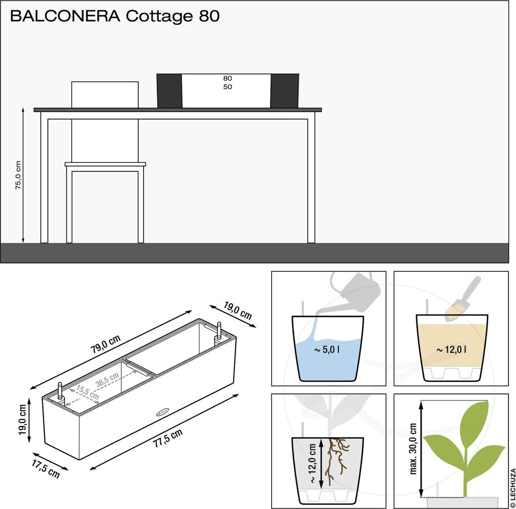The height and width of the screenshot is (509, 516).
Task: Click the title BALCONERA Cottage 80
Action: [114, 16]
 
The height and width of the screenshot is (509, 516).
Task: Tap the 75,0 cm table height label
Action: [18, 175]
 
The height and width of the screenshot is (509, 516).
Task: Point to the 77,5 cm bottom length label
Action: [168, 437]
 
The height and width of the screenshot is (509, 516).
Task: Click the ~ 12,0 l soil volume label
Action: [451, 349]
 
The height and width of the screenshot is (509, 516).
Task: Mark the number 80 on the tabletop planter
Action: [228, 79]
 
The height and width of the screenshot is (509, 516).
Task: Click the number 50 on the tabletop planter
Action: [228, 87]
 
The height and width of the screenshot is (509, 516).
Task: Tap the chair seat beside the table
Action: [105, 164]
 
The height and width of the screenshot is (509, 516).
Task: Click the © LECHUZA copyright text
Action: [512, 487]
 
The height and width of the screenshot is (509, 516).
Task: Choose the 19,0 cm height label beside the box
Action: [22, 420]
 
